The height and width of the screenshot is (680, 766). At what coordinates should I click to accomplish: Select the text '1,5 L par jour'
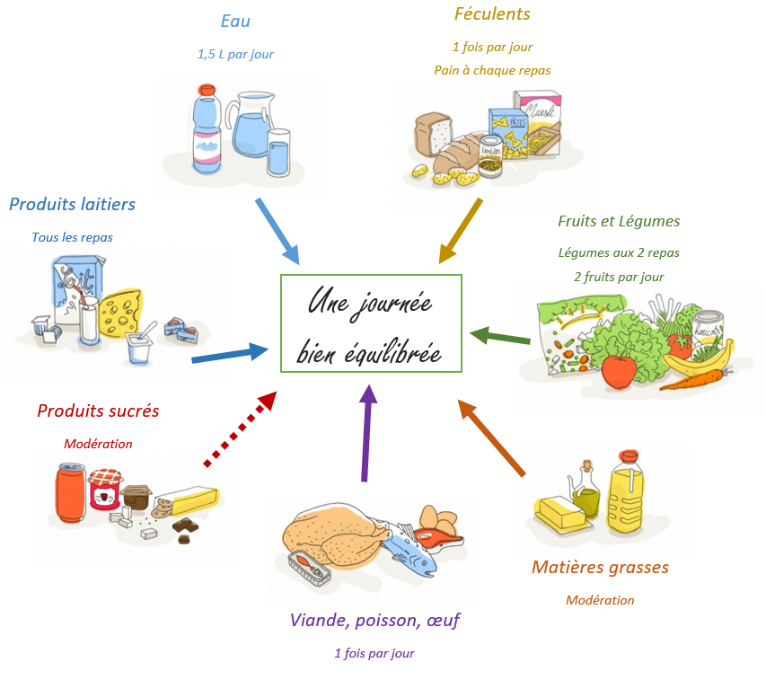coord(235,54)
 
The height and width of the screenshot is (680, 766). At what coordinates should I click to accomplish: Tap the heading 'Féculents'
coord(492,13)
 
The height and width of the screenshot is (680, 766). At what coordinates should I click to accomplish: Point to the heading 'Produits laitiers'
coord(72,204)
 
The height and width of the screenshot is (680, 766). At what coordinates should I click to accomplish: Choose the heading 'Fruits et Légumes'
coord(619,221)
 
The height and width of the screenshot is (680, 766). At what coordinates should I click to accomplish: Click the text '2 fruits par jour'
coord(619,277)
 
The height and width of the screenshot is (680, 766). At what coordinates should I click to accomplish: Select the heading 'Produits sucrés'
coord(98,411)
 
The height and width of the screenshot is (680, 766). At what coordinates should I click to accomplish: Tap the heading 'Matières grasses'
coord(600,567)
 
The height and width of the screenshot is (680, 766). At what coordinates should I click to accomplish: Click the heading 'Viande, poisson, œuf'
coord(374,620)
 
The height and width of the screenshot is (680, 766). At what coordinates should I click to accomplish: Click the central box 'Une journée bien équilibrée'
coord(371,323)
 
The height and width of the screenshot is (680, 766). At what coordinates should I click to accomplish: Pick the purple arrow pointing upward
coord(366,431)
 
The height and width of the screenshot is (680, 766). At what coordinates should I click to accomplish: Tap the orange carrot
coord(694,379)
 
